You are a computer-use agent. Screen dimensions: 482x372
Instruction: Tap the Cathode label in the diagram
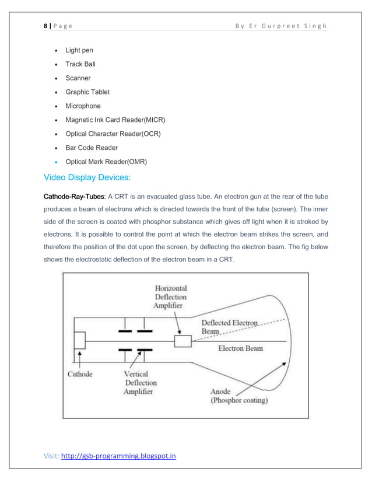(x=80, y=374)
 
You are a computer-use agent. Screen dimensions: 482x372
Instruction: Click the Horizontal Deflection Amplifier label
(x=170, y=297)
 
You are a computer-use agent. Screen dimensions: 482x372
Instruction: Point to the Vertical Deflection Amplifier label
(x=139, y=383)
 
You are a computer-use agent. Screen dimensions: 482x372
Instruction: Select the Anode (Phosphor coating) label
(x=239, y=396)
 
